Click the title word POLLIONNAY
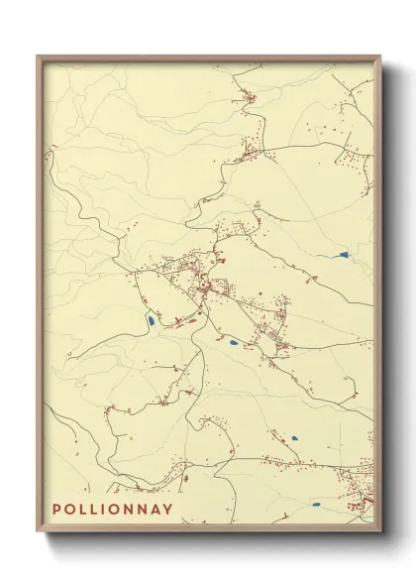click(112, 510)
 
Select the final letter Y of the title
click(168, 510)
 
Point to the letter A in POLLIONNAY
click(156, 510)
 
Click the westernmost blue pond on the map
click(149, 320)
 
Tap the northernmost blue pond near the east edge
click(342, 256)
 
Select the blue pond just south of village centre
click(234, 343)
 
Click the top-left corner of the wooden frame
click(39, 57)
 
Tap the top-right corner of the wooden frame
click(380, 57)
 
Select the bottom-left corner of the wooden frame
click(39, 532)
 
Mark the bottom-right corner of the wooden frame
click(380, 532)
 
